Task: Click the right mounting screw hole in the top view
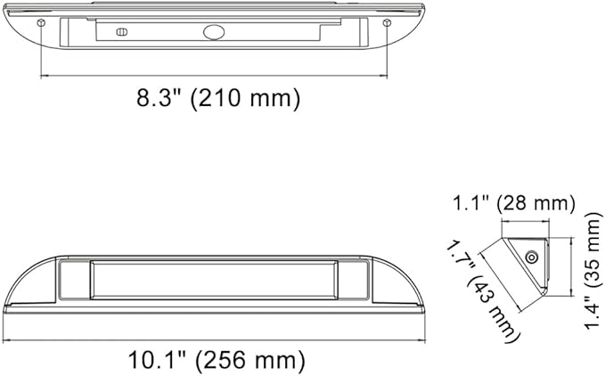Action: (x=385, y=21)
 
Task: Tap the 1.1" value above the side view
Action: (x=470, y=204)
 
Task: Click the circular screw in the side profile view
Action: (x=531, y=257)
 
